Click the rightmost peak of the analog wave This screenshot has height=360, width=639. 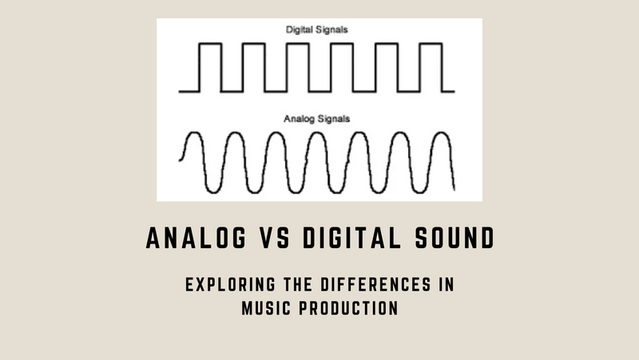click(x=440, y=134)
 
